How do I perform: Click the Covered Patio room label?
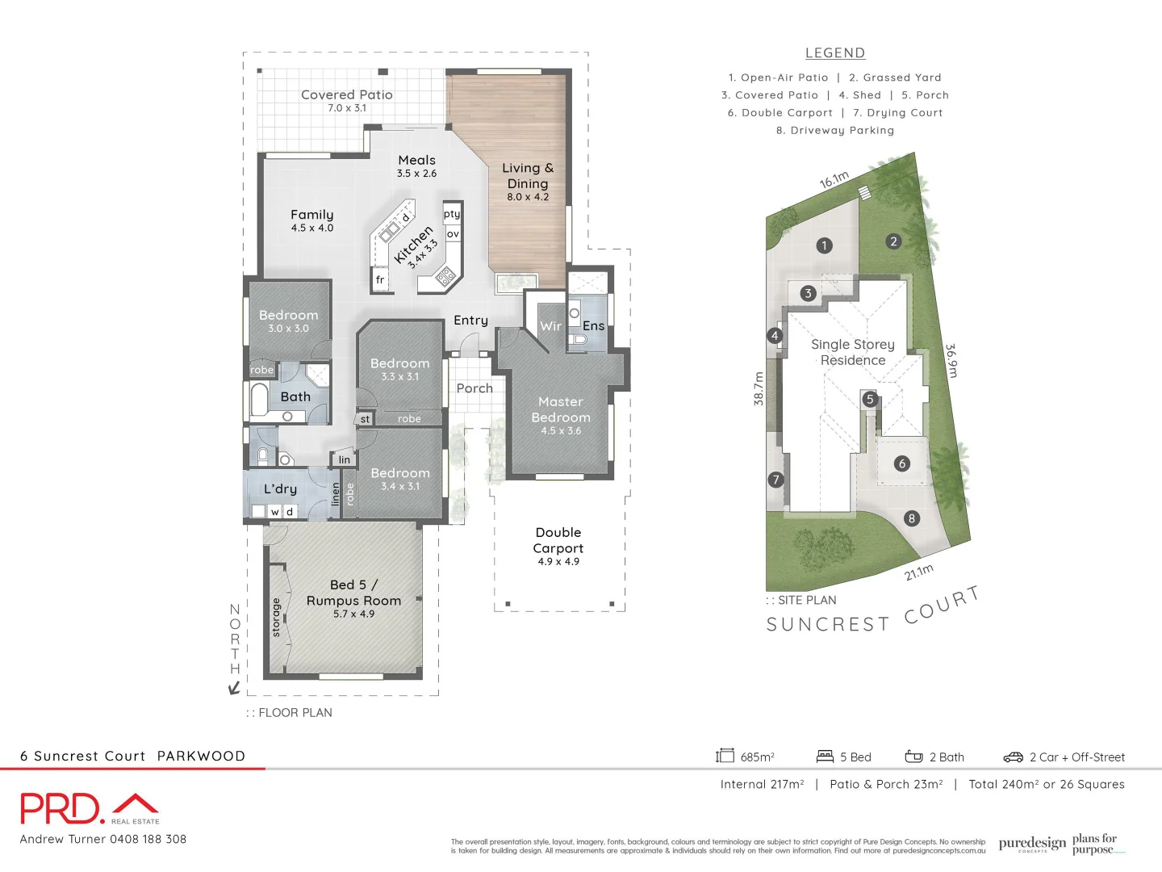click(346, 95)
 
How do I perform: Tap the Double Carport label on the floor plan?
click(558, 540)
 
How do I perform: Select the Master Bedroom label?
click(561, 409)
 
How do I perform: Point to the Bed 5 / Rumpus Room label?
click(353, 593)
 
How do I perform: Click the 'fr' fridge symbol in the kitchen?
click(380, 280)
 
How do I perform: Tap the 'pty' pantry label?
click(452, 214)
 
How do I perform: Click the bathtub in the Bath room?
click(259, 400)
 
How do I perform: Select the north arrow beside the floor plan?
click(234, 687)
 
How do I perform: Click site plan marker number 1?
click(824, 245)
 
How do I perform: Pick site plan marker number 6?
click(902, 463)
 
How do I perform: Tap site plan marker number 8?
click(912, 518)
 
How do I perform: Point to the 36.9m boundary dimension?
click(951, 361)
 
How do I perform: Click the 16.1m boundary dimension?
click(834, 180)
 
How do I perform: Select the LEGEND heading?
click(835, 53)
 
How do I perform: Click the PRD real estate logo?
click(89, 808)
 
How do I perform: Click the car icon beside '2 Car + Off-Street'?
click(1013, 757)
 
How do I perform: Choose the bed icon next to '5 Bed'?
click(825, 757)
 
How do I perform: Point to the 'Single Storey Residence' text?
click(853, 352)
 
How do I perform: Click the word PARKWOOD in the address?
click(201, 757)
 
